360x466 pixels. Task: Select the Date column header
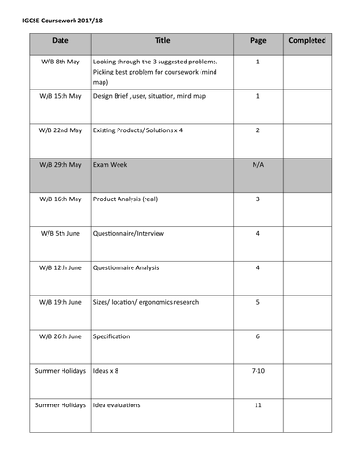(61, 41)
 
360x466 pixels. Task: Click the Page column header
(258, 41)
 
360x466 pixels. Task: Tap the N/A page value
(258, 165)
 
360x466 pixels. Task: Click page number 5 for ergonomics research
(258, 302)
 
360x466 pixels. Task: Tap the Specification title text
(112, 336)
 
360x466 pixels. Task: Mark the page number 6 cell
(258, 336)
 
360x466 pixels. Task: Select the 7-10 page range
(258, 371)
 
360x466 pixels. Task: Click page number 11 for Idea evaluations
(258, 404)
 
